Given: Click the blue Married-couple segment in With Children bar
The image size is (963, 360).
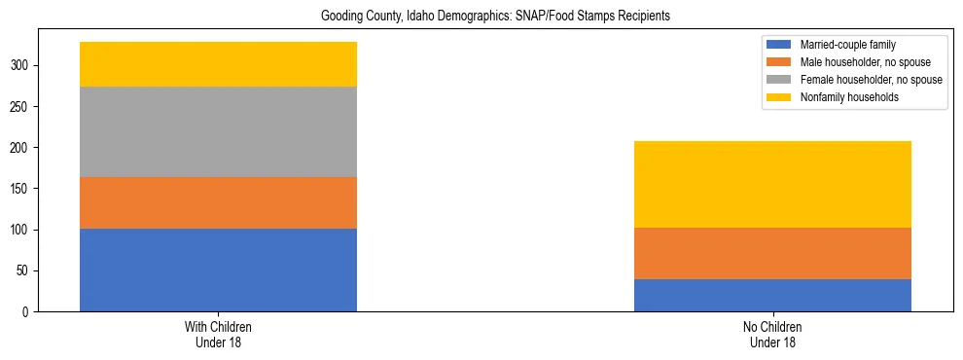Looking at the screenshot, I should tap(218, 270).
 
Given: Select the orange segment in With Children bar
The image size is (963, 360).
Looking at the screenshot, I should tap(218, 202).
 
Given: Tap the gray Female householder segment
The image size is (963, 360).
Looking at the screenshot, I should tap(218, 131).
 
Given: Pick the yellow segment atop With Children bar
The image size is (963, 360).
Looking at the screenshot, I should tap(218, 64).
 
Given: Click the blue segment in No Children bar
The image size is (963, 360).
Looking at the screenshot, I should tap(772, 295).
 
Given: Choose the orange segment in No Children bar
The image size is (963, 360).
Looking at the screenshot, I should tap(772, 253).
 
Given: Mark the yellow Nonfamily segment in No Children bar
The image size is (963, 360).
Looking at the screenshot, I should tap(772, 184).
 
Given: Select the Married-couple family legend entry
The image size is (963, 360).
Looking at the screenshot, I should tap(845, 45).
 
